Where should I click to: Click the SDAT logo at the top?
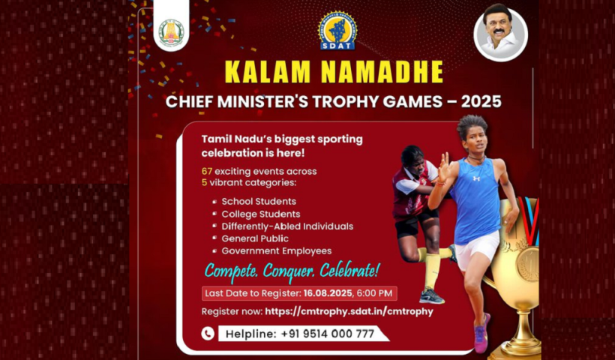(337, 31)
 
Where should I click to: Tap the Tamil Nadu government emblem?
(171, 32)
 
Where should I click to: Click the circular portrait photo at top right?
(500, 34)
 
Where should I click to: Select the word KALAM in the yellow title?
(269, 72)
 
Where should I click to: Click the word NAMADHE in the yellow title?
(382, 72)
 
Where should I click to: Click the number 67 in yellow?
(207, 171)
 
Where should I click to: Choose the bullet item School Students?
(259, 202)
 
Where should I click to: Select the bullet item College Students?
(261, 214)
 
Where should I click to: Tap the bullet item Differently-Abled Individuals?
(287, 226)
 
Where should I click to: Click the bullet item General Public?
(255, 238)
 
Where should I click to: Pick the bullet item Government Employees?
(277, 251)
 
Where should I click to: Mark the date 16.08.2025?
(328, 293)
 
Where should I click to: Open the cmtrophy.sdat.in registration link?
(349, 312)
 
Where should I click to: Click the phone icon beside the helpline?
(208, 334)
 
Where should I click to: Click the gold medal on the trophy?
(527, 263)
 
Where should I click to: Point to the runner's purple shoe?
(481, 333)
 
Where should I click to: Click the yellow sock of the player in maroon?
(432, 271)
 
